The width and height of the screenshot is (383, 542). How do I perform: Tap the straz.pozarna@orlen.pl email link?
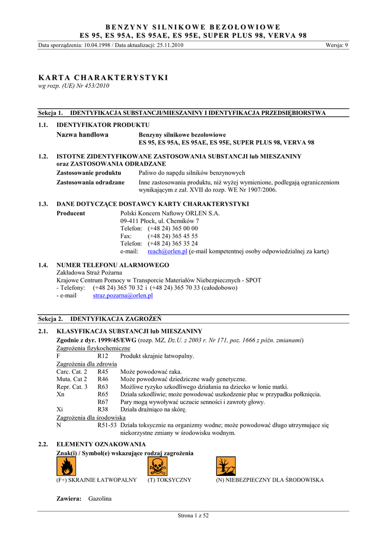point(123,296)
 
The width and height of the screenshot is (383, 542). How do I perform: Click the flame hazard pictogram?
point(66,466)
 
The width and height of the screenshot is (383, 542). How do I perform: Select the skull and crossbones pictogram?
point(157,466)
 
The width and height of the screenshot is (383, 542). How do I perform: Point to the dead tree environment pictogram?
point(225,466)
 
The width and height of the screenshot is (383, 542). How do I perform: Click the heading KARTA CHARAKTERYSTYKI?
point(103,77)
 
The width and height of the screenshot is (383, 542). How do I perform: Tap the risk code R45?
point(103,372)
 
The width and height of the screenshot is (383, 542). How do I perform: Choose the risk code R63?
point(103,387)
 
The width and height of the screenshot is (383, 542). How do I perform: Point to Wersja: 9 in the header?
point(337,45)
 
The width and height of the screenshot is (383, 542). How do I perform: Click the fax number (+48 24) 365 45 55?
point(172,236)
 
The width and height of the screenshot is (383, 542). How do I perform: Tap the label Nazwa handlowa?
point(82,135)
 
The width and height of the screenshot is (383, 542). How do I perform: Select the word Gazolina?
point(100,499)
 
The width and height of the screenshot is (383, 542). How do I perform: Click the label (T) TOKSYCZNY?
point(169,480)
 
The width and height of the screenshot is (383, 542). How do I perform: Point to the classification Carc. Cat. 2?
point(72,372)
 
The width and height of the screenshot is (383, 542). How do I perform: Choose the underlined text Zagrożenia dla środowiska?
point(87,418)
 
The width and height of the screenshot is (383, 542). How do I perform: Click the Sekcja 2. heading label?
point(51,319)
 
